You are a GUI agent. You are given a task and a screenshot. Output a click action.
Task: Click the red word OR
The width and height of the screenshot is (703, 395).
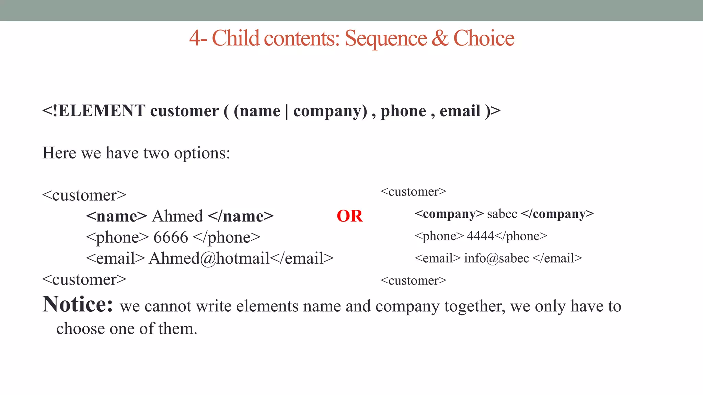[349, 216]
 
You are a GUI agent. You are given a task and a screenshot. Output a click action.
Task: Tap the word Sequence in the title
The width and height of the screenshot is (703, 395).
[385, 38]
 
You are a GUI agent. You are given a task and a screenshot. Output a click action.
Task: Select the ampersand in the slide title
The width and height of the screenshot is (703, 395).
[440, 38]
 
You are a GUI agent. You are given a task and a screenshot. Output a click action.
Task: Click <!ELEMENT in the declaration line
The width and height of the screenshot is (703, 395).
[93, 111]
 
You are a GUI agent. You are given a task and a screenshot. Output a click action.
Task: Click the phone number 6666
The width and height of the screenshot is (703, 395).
[171, 237]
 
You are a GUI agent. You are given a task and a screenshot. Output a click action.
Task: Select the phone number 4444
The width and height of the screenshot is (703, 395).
[481, 236]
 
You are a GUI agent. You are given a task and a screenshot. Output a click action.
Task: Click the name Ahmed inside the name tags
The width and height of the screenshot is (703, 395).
[177, 216]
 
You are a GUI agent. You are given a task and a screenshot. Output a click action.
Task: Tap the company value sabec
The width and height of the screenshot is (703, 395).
[502, 214]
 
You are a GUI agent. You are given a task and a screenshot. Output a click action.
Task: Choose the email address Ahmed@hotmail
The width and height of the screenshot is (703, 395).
[209, 259]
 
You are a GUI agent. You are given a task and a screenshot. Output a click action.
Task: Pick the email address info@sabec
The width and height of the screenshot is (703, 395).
[496, 258]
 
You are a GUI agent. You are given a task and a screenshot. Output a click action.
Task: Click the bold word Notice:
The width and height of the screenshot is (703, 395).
[78, 304]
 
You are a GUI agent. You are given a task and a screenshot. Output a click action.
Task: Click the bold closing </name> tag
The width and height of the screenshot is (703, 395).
[241, 216]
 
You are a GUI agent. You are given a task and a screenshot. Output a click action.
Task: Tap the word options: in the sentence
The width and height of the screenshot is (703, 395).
[202, 153]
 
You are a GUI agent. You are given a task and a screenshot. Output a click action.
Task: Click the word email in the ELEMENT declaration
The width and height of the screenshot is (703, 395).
[460, 111]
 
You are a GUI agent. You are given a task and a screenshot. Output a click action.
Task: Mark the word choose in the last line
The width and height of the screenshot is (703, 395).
[80, 329]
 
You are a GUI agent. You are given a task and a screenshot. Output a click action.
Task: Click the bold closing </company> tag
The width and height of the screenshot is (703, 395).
[557, 214]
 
